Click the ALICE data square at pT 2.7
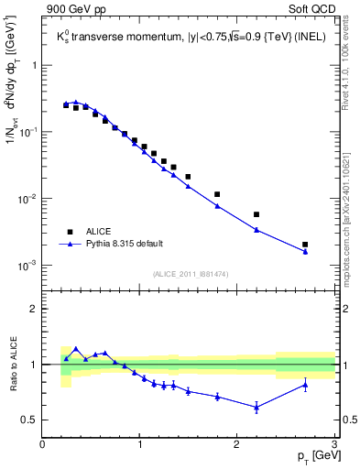[x=305, y=245]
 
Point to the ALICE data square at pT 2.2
[x=256, y=214]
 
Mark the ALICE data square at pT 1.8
[x=217, y=194]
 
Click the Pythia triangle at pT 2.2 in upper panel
[x=256, y=230]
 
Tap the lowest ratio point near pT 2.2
[x=256, y=407]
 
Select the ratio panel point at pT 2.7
[x=305, y=385]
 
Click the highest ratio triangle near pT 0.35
[x=76, y=349]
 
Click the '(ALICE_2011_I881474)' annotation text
[x=189, y=273]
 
